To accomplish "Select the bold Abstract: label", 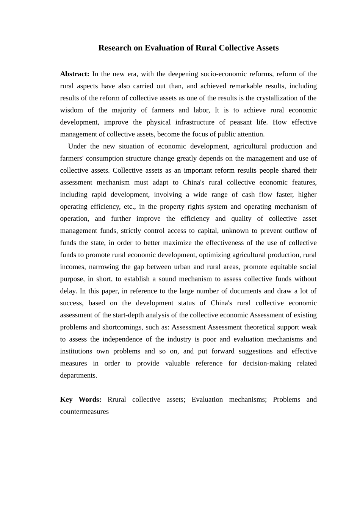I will [x=75, y=74].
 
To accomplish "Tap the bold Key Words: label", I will [x=81, y=400].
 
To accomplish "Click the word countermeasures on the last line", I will [x=84, y=412].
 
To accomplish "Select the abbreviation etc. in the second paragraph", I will [x=130, y=207].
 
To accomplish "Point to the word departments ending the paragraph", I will [x=78, y=376].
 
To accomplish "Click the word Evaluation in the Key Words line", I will [x=207, y=400].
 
